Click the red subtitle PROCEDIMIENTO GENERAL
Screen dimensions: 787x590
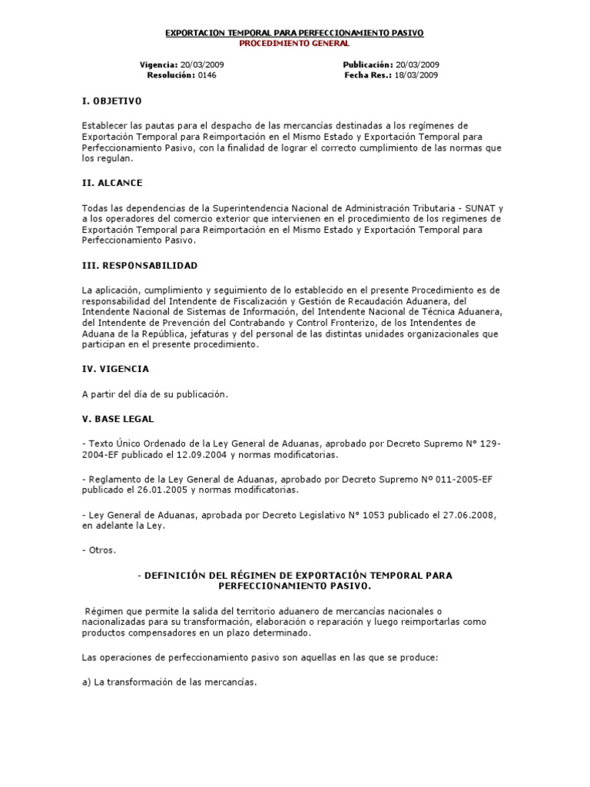click(x=295, y=44)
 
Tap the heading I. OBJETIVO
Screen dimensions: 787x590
click(x=111, y=101)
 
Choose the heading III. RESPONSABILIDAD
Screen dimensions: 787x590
click(x=139, y=265)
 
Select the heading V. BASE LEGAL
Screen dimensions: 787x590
click(x=118, y=419)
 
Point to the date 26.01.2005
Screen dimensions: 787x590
click(x=162, y=490)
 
